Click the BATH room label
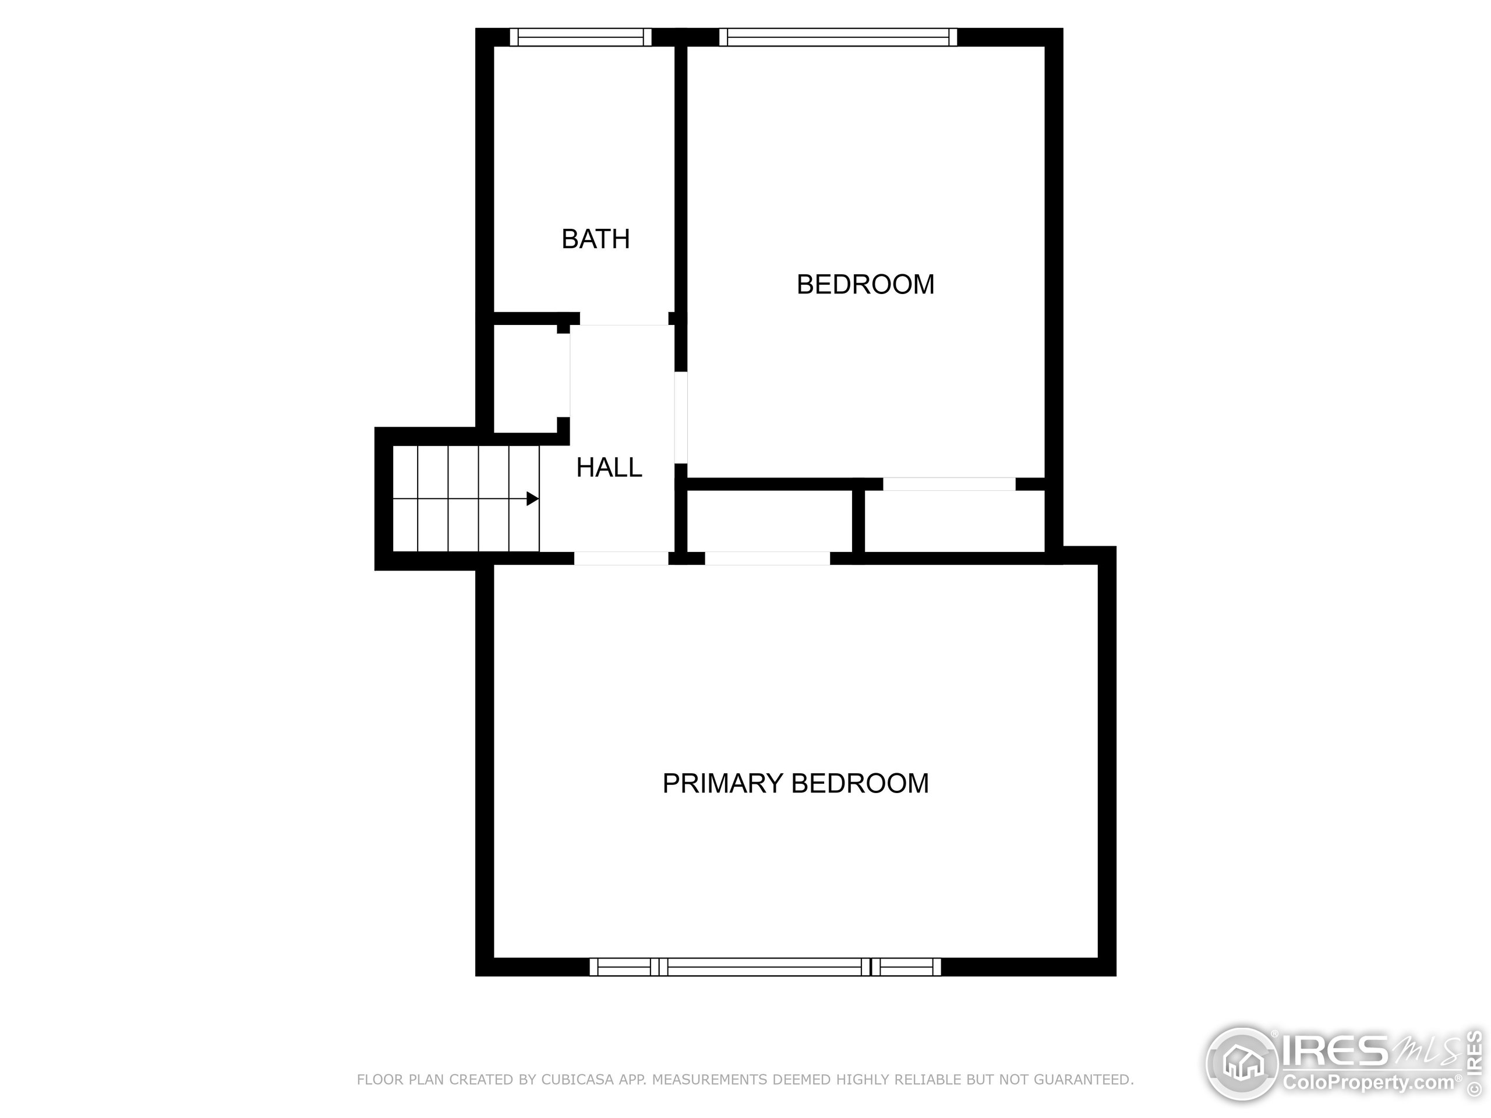tap(595, 239)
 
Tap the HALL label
tap(609, 468)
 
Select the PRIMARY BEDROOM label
tap(796, 783)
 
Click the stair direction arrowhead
tap(532, 498)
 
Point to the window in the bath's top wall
tap(580, 37)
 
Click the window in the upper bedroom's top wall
tap(838, 37)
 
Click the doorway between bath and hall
tap(624, 319)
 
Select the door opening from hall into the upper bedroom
tap(681, 418)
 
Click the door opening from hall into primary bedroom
tap(621, 558)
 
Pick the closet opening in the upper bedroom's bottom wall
tap(949, 484)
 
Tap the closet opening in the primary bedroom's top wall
tap(767, 558)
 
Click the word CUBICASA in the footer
tap(577, 1080)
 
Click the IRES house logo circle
tap(1242, 1064)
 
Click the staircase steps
tap(466, 498)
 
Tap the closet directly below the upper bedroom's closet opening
tap(955, 521)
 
